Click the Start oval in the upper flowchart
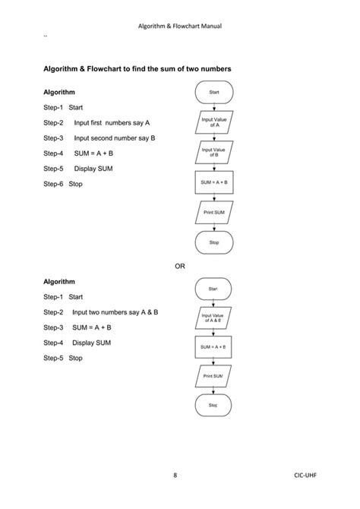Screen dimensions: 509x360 click(214, 92)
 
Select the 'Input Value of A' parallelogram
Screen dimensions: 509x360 click(213, 122)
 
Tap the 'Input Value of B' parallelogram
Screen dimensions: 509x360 click(213, 152)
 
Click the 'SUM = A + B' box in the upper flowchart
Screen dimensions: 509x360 click(213, 182)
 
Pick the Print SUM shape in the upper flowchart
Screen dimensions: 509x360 click(213, 212)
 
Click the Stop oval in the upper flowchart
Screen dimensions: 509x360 click(214, 242)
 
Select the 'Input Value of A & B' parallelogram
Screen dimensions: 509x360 click(213, 317)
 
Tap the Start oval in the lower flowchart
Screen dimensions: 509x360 click(213, 289)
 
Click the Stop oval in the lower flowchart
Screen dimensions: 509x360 click(213, 406)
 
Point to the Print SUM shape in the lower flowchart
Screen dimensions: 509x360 click(213, 376)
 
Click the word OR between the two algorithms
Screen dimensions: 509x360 click(180, 266)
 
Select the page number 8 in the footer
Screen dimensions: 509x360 click(175, 476)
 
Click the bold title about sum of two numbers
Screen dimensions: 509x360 click(137, 69)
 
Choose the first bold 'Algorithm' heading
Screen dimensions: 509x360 click(59, 93)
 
